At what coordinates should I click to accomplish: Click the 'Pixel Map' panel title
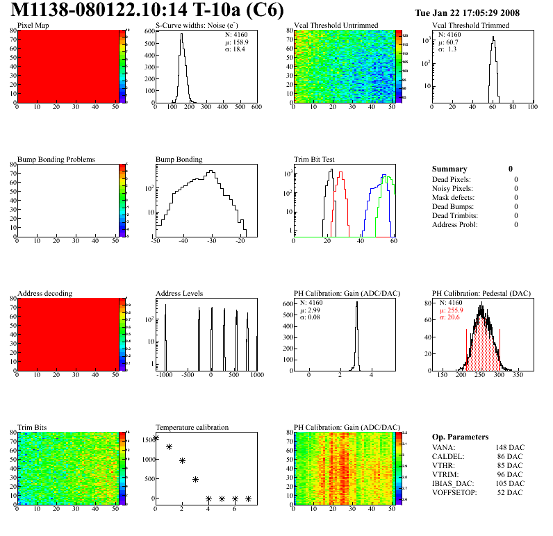point(33,26)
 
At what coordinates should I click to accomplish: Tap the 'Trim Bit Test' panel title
point(315,160)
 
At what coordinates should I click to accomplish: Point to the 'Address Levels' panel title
point(179,294)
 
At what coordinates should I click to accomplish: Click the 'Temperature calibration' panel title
point(192,428)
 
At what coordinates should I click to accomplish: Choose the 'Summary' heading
point(449,169)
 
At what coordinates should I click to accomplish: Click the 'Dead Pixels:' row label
point(452,179)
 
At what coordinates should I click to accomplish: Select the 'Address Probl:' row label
point(454,224)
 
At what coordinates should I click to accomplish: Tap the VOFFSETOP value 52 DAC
point(511,492)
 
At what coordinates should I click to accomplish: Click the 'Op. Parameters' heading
point(460,437)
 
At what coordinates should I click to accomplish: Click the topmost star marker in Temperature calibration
point(156,438)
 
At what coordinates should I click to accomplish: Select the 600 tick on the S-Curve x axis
point(256,108)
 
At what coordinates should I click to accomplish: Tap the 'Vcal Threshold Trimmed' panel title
point(470,26)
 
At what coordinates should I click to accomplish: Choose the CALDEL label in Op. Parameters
point(447,456)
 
